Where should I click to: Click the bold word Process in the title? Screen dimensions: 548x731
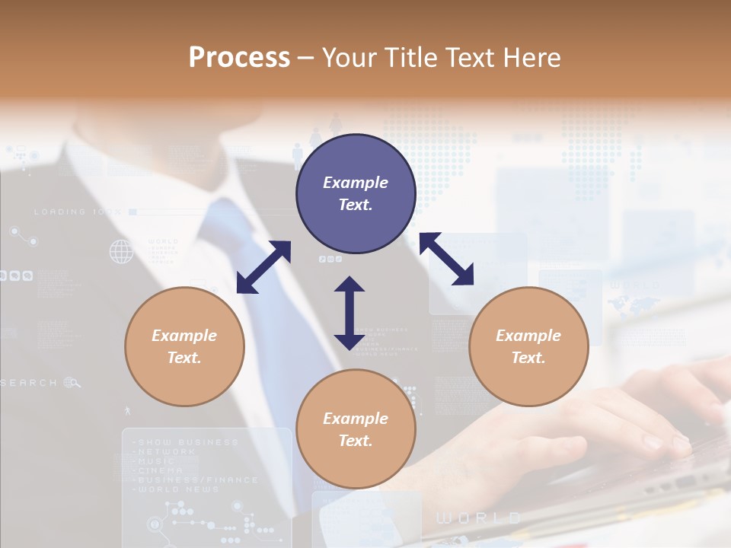239,58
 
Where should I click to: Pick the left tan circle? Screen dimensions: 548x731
184,346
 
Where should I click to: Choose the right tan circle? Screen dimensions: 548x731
528,346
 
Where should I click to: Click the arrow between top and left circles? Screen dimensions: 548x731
263,266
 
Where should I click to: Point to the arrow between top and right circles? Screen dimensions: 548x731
447,259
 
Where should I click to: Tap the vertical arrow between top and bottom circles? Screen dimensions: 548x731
350,313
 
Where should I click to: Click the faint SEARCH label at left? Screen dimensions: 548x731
29,383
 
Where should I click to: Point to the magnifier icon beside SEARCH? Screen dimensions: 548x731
72,382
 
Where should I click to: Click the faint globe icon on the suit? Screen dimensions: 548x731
121,250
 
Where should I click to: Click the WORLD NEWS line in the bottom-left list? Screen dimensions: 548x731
176,489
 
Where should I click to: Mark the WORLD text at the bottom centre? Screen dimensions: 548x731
478,518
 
